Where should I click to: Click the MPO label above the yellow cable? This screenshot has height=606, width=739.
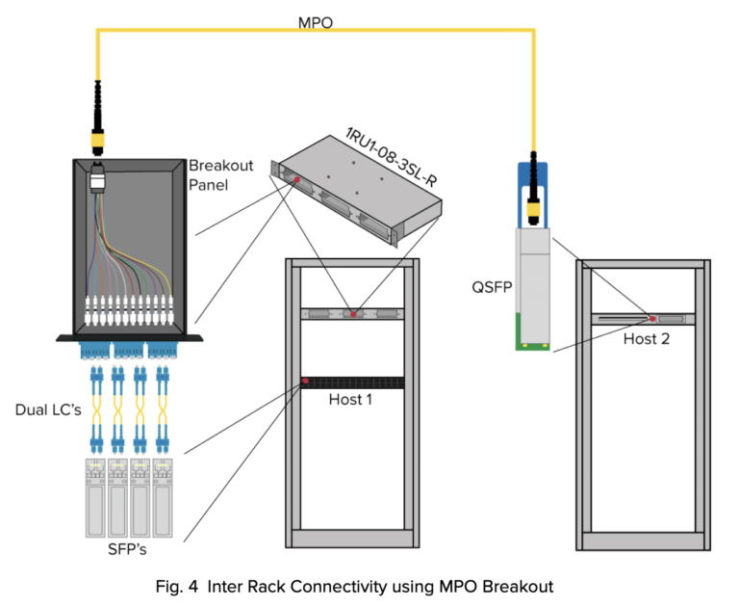pos(317,21)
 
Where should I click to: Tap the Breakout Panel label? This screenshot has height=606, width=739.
pos(220,174)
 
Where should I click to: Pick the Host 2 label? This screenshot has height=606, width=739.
pos(644,338)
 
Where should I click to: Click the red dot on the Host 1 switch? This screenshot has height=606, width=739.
pos(305,382)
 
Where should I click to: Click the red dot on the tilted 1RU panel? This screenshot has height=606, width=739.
pos(298,180)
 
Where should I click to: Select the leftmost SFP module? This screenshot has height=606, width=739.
pos(95,496)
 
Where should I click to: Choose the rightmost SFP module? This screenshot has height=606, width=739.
pos(163,496)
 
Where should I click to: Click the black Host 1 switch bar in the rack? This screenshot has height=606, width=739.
pos(351,382)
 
